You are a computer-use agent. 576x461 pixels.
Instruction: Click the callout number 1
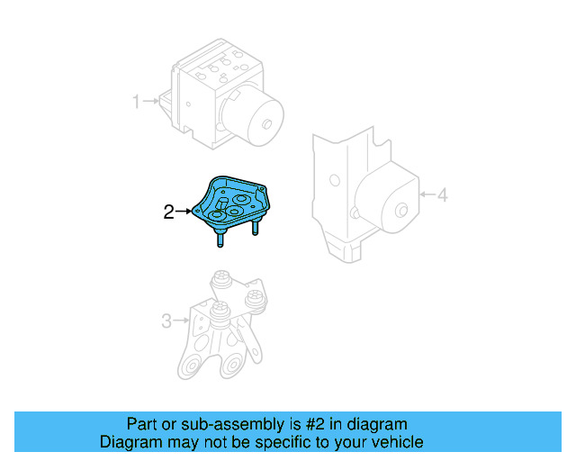[136, 102]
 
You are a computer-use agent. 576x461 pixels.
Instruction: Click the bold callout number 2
[168, 212]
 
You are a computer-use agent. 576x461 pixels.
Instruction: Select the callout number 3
[166, 320]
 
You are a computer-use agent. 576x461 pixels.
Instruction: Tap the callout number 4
[441, 194]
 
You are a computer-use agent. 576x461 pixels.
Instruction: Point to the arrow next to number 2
[184, 212]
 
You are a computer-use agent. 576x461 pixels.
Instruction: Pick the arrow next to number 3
[181, 320]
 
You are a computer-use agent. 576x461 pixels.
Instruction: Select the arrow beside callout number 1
[150, 102]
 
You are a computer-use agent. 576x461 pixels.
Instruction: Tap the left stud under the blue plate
[220, 239]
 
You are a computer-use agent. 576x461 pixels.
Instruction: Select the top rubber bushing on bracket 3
[220, 280]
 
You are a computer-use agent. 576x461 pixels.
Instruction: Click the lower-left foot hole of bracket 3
[191, 368]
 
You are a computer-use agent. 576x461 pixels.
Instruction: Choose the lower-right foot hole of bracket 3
[233, 365]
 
